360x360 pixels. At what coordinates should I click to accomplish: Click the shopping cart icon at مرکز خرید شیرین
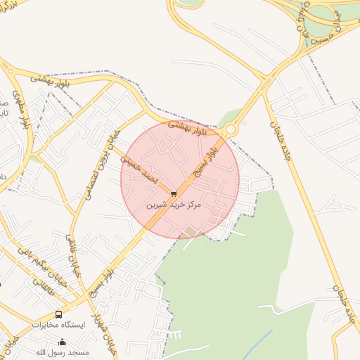[174, 193]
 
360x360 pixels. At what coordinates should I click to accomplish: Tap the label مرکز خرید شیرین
[173, 205]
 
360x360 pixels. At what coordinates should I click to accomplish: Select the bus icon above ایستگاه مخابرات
[58, 314]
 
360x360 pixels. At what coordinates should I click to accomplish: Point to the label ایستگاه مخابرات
[58, 325]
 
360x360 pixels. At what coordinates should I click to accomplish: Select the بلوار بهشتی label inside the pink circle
[191, 129]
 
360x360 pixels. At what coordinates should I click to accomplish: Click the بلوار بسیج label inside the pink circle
[208, 159]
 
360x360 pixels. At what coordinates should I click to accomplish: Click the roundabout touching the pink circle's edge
[230, 130]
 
